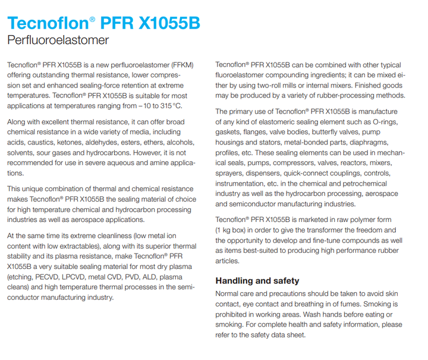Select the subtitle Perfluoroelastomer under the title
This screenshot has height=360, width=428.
58,40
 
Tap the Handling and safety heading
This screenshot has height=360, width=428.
257,280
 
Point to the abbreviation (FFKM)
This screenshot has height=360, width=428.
190,64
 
